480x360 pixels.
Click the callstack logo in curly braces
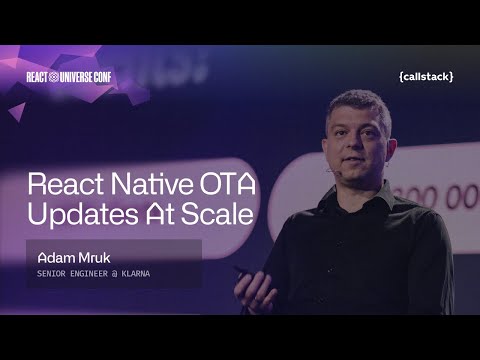click(x=425, y=76)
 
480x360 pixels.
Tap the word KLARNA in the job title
click(x=147, y=272)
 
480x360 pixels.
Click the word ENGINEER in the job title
click(x=93, y=272)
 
